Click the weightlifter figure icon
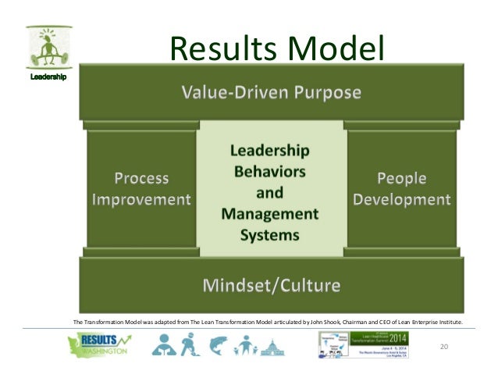(46, 48)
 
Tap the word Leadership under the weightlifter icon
(48, 77)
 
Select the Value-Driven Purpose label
(271, 93)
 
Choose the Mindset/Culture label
(271, 285)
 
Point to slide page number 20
(446, 346)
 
